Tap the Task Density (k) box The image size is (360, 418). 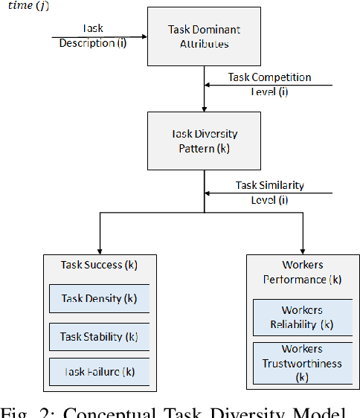(x=99, y=298)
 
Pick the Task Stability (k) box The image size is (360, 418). (x=99, y=336)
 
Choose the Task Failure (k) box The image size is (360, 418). (x=99, y=372)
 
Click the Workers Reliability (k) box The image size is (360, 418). (x=302, y=317)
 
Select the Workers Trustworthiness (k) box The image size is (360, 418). (x=302, y=364)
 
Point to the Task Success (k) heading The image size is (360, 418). (x=99, y=265)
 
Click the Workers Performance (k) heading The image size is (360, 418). (x=302, y=272)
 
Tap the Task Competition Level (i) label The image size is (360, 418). (x=270, y=83)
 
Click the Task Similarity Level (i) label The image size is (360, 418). (x=270, y=191)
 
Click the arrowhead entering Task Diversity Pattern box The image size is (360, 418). (x=205, y=107)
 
